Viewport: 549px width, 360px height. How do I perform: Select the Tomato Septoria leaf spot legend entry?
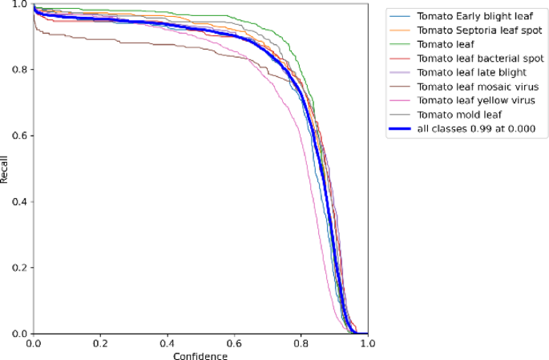coord(478,30)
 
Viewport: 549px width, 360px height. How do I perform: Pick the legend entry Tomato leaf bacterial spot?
coord(479,58)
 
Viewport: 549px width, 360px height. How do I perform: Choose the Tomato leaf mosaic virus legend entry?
coord(477,87)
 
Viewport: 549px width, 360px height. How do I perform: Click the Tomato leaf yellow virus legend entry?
coord(475,100)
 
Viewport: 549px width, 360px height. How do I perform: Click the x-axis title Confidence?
coord(200,354)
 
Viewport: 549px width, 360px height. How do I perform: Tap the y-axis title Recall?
coord(6,168)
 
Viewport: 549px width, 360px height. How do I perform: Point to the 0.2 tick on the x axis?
coord(100,342)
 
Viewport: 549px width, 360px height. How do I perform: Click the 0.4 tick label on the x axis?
coord(167,342)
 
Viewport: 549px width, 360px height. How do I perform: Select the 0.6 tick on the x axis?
coord(234,342)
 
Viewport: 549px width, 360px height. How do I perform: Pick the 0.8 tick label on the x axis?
coord(301,342)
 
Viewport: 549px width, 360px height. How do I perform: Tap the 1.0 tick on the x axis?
coord(367,342)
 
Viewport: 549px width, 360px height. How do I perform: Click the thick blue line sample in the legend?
coord(399,129)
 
